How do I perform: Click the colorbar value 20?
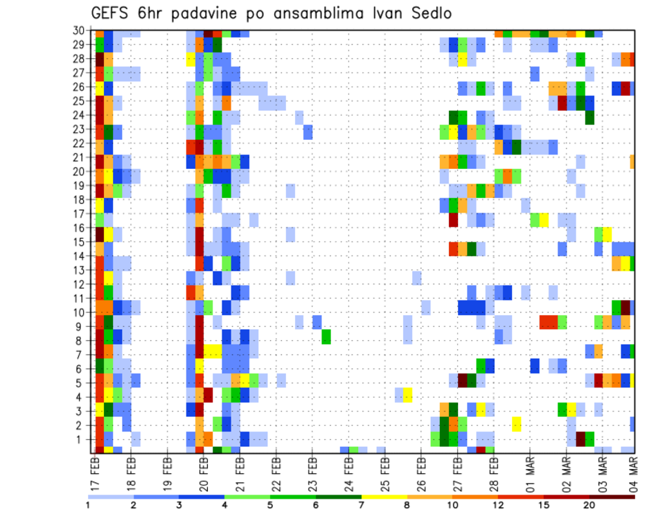(589, 505)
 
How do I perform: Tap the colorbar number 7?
(362, 505)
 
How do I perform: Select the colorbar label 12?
(498, 505)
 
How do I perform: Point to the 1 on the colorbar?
(88, 505)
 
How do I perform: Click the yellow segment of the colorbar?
(384, 496)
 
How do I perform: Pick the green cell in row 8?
(326, 337)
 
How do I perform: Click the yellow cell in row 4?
(408, 394)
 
